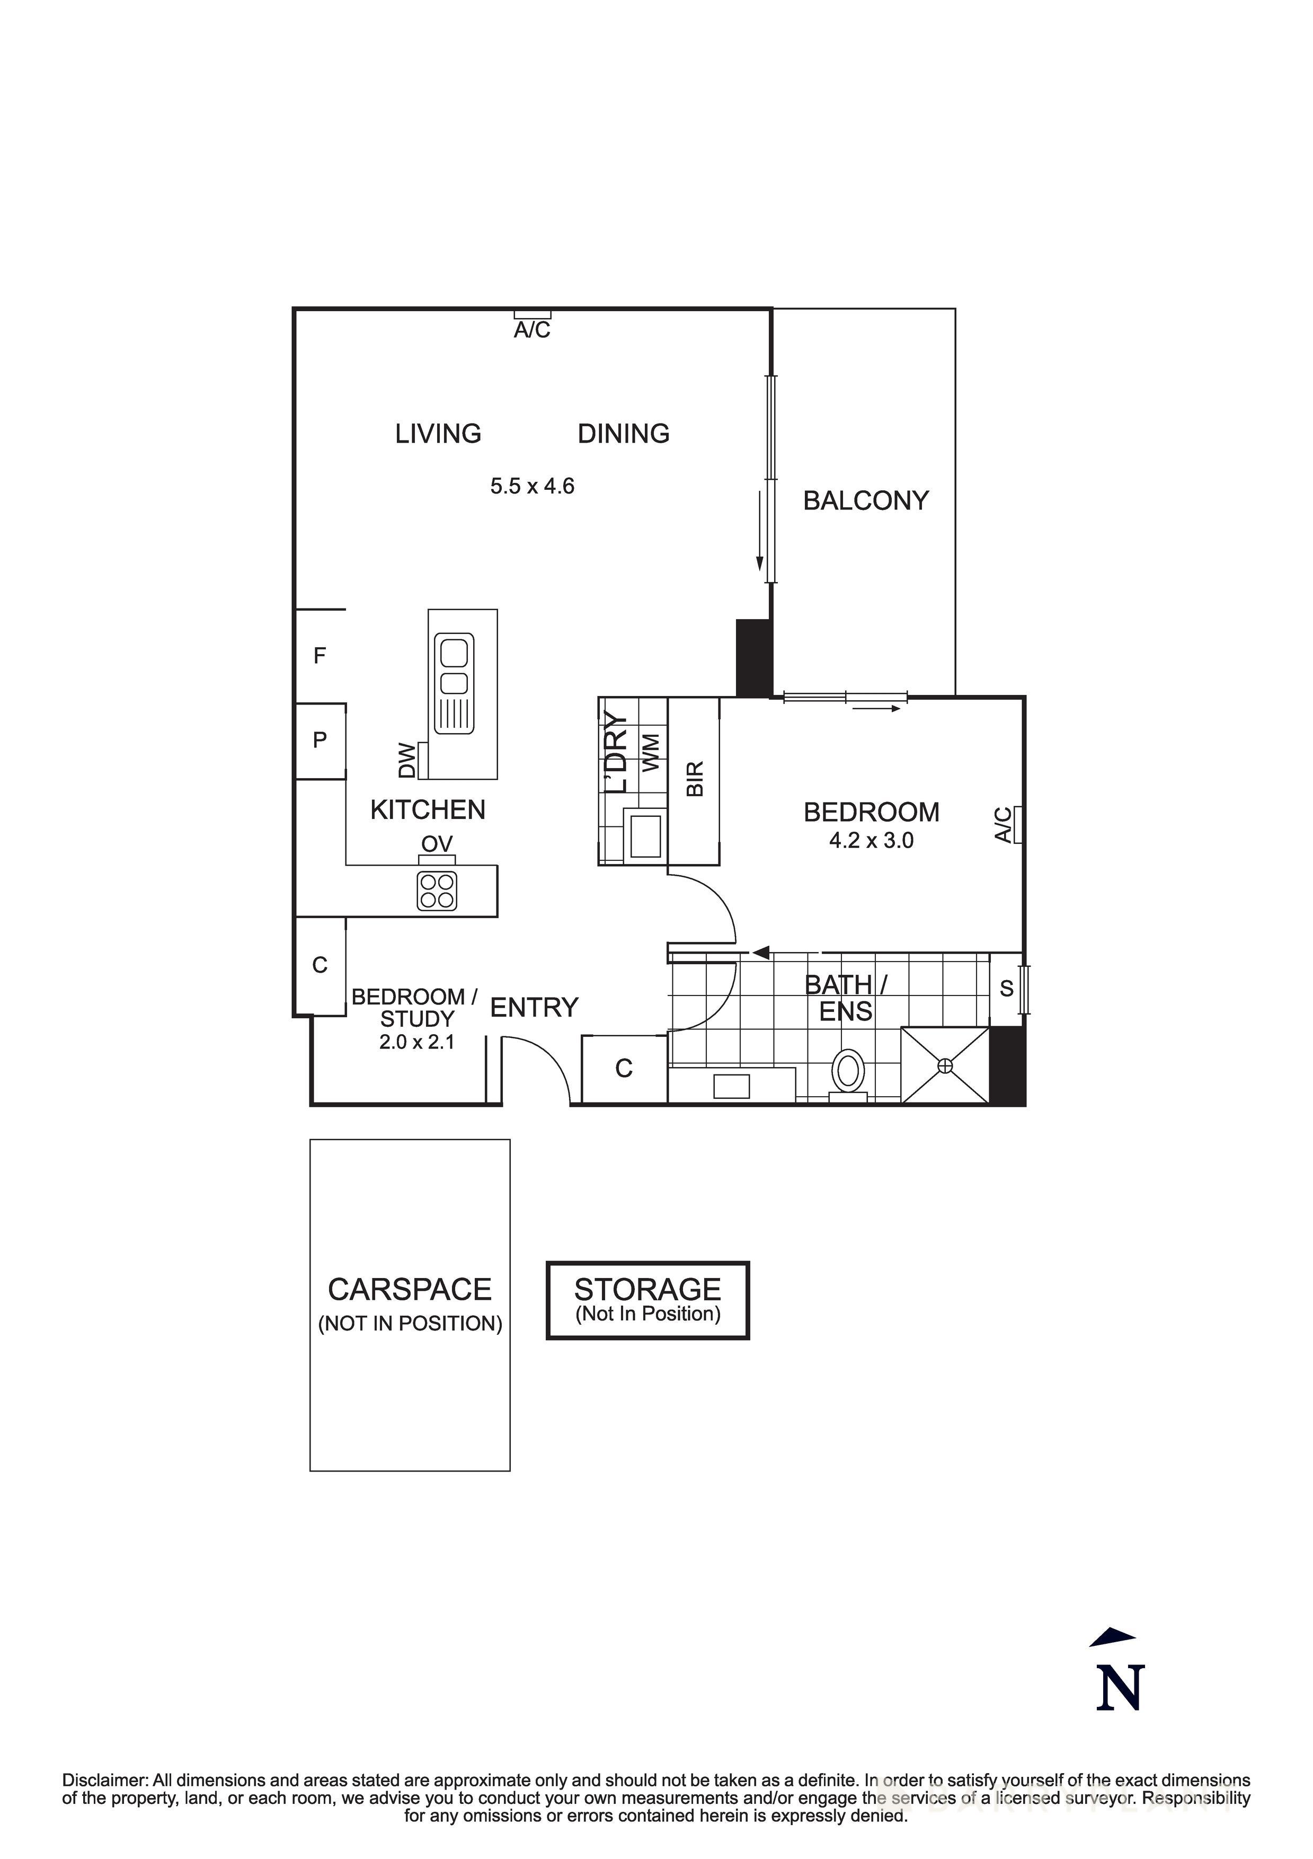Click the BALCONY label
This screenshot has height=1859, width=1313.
pyautogui.click(x=865, y=500)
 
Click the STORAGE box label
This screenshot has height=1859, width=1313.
pyautogui.click(x=647, y=1289)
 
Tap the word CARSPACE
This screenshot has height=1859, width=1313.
pyautogui.click(x=410, y=1289)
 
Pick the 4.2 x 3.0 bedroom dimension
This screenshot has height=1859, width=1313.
pyautogui.click(x=871, y=840)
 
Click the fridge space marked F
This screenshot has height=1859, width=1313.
pyautogui.click(x=320, y=655)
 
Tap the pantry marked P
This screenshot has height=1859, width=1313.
pyautogui.click(x=320, y=739)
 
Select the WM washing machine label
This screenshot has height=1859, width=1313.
pyautogui.click(x=651, y=752)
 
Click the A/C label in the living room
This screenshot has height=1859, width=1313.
pyautogui.click(x=532, y=330)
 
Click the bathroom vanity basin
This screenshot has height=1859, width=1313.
pyautogui.click(x=731, y=1086)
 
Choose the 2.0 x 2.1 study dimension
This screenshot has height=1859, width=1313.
pyautogui.click(x=417, y=1042)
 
